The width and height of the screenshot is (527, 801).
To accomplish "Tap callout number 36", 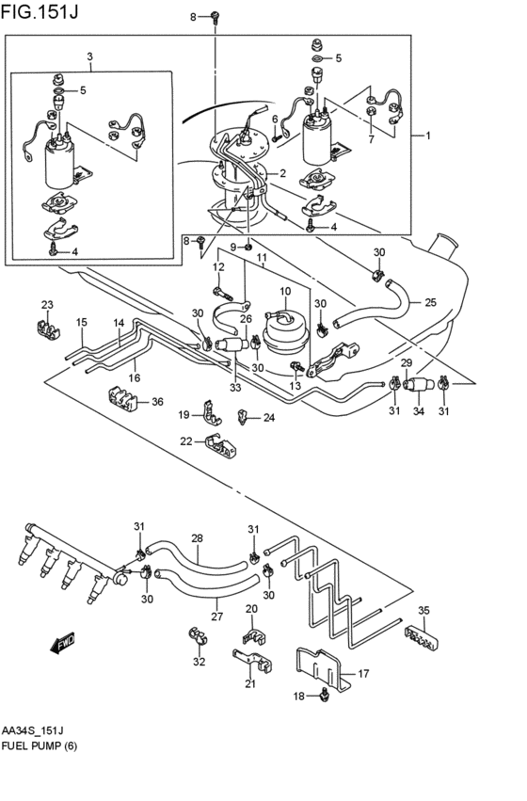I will point(157,402).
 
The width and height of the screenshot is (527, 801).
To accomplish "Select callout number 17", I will point(363,674).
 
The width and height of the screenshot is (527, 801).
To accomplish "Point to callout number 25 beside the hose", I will point(430,303).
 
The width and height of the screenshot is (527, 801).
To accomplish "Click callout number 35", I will point(423,611).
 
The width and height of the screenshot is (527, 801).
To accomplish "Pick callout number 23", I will point(47,304).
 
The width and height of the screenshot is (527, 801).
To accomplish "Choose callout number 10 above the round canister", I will point(284,293).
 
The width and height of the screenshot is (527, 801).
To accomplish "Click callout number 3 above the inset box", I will point(89,56).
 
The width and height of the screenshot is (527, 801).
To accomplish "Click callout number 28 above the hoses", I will point(197,538).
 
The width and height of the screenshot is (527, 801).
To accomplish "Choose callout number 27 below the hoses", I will point(216,617).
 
